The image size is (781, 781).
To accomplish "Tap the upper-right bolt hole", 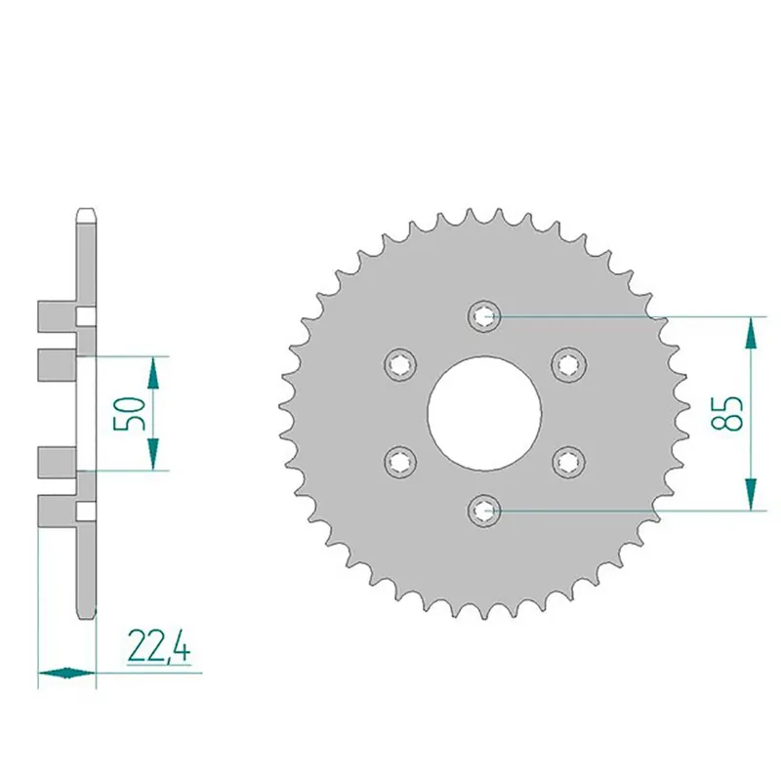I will (x=567, y=363).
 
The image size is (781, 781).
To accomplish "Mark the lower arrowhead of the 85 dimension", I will (x=750, y=493).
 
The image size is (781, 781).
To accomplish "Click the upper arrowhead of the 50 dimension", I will (x=152, y=371).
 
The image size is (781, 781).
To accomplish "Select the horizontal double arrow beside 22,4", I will (x=66, y=672).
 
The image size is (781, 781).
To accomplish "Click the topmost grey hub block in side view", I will (x=56, y=315).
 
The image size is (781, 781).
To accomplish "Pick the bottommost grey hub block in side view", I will (x=56, y=509).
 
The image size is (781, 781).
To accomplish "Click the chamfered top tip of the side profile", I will (x=86, y=211).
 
